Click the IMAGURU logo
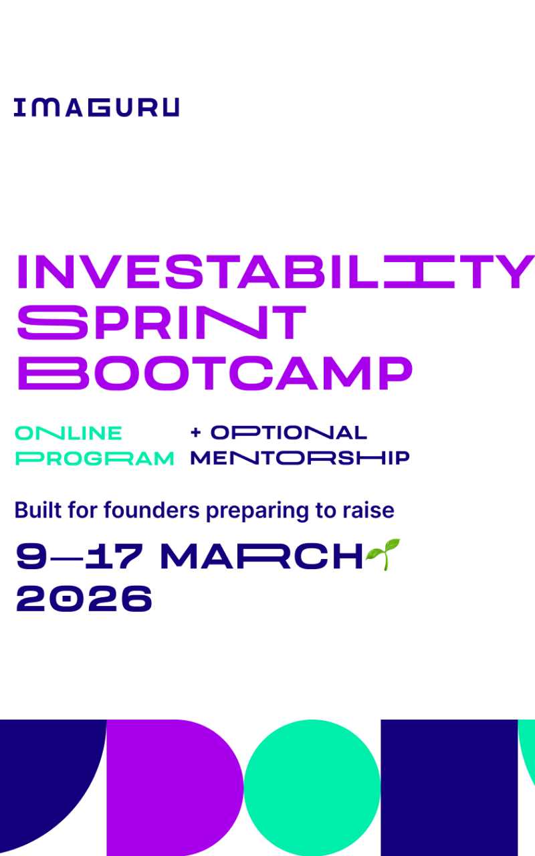pyautogui.click(x=96, y=108)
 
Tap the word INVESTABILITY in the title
pyautogui.click(x=275, y=272)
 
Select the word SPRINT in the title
pyautogui.click(x=161, y=322)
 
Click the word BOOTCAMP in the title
pyautogui.click(x=214, y=372)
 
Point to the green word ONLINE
pyautogui.click(x=68, y=433)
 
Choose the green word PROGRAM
pyautogui.click(x=94, y=459)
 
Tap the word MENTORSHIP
pyautogui.click(x=300, y=459)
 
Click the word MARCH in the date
pyautogui.click(x=261, y=557)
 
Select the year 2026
pyautogui.click(x=84, y=599)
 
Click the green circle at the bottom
pyautogui.click(x=312, y=788)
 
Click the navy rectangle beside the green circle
pyautogui.click(x=449, y=788)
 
